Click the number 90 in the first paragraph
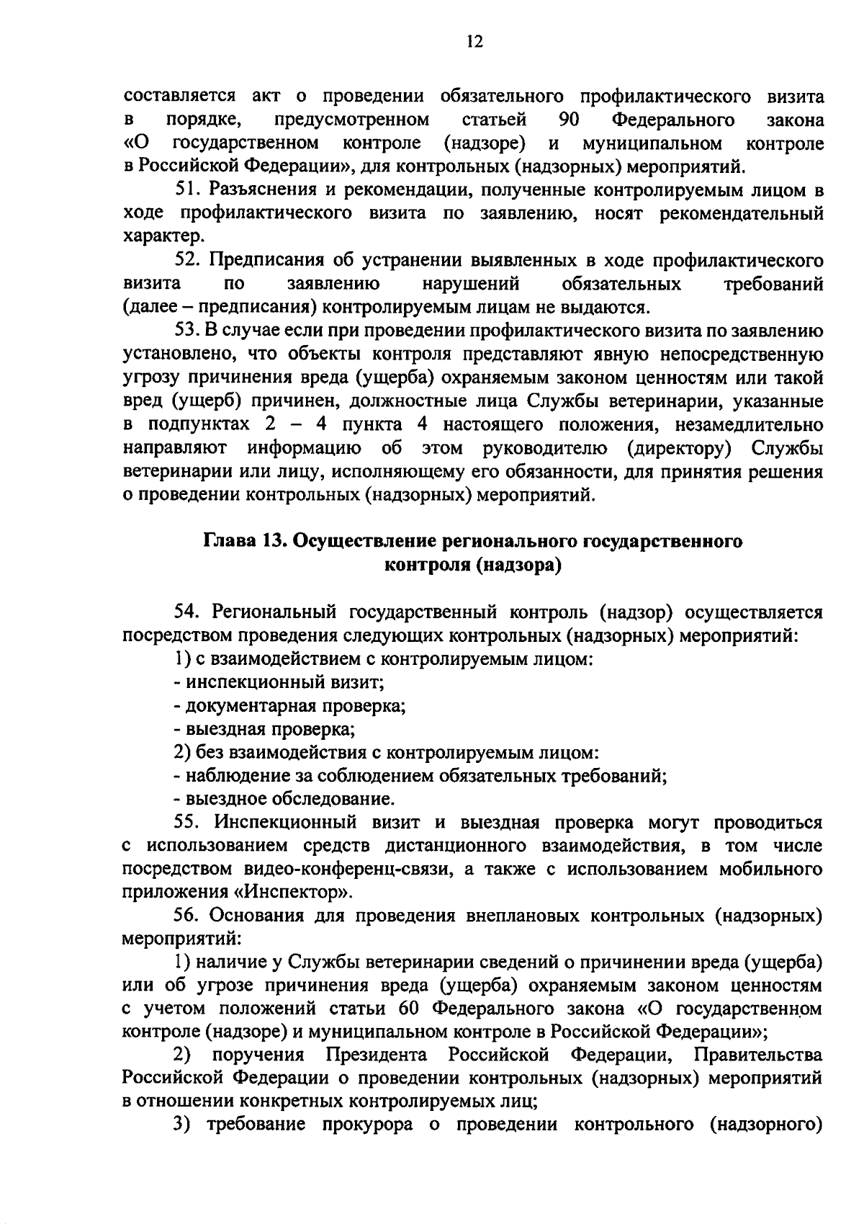pos(570,119)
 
